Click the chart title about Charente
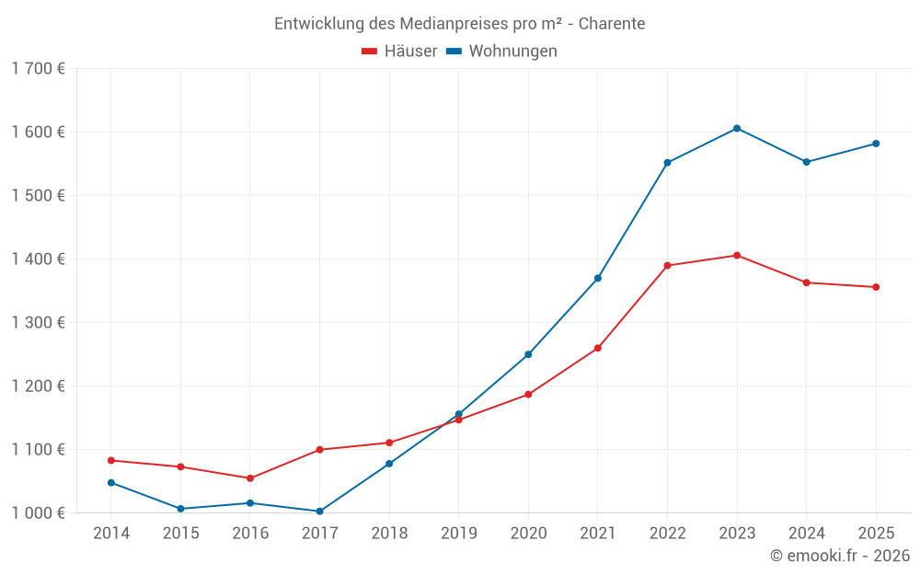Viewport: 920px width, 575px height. [x=459, y=23]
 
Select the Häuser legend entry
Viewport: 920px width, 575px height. [x=399, y=52]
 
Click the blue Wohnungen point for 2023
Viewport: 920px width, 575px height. [x=737, y=129]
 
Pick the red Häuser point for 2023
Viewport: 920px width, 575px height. [x=737, y=255]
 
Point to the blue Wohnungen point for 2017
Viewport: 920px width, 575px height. [x=319, y=512]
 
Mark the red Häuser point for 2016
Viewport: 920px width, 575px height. [x=250, y=478]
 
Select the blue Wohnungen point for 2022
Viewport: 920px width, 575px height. [x=667, y=163]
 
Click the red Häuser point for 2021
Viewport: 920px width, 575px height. [x=598, y=348]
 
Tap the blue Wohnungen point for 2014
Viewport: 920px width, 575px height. [x=111, y=482]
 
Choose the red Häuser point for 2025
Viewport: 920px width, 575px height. [x=876, y=287]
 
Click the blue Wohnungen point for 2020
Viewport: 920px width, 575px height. [x=528, y=354]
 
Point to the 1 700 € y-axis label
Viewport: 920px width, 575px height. [x=38, y=69]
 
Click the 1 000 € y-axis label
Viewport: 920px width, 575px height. [x=38, y=513]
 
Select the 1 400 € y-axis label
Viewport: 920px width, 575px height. [x=38, y=259]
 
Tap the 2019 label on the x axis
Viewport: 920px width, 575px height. [x=458, y=534]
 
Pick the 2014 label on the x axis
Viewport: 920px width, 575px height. [x=111, y=534]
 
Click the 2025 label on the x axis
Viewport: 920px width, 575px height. [x=876, y=534]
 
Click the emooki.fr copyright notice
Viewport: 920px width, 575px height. [x=839, y=556]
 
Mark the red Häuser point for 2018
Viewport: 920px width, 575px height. [x=389, y=443]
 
